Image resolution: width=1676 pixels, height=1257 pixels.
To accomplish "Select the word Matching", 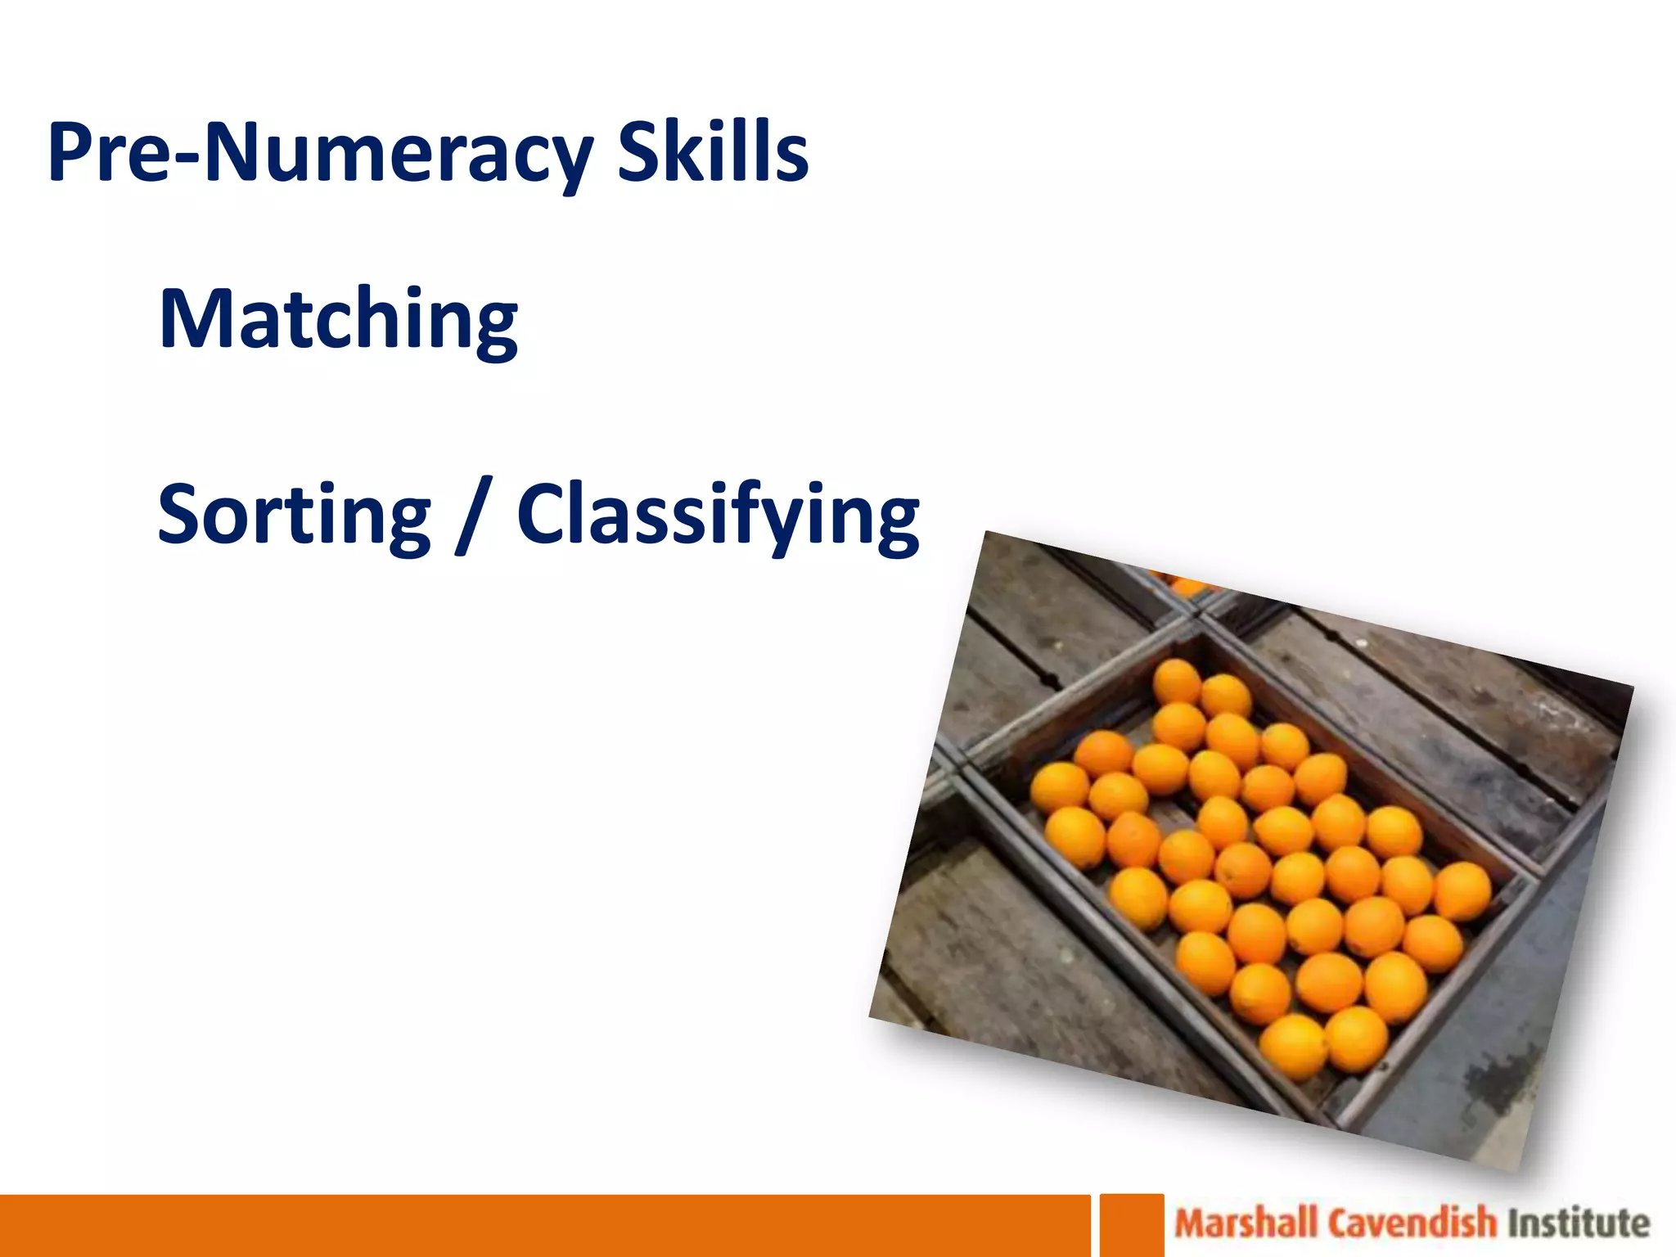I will (338, 319).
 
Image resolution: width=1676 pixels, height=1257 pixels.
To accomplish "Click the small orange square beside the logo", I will (1131, 1225).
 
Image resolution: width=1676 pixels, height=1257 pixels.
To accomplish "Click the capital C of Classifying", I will (542, 514).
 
